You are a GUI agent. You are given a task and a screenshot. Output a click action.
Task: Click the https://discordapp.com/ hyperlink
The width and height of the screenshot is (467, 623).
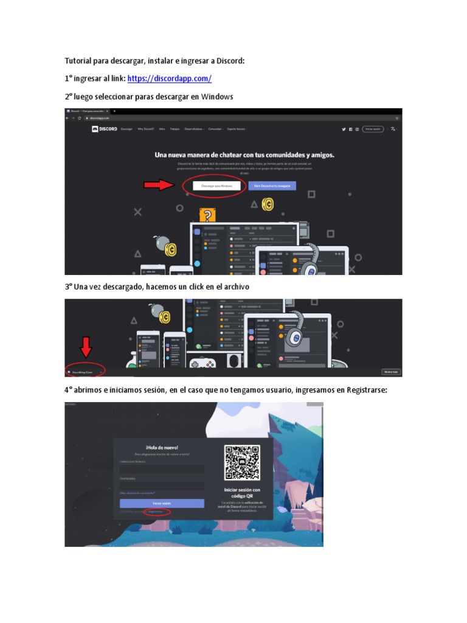click(x=170, y=78)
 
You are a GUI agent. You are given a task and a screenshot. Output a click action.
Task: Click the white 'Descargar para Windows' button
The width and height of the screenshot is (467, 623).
click(x=216, y=186)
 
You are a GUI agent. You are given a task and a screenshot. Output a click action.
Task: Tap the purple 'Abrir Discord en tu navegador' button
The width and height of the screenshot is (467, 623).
click(x=272, y=186)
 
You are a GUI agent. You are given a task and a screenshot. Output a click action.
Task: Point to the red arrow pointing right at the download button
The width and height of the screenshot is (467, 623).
click(x=159, y=185)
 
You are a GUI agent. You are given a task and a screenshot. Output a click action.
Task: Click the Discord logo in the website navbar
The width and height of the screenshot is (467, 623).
click(x=105, y=129)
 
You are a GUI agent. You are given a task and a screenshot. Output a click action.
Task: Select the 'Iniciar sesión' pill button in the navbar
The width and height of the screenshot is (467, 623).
click(x=373, y=129)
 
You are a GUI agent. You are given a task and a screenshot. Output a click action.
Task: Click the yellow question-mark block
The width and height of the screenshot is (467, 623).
click(x=207, y=215)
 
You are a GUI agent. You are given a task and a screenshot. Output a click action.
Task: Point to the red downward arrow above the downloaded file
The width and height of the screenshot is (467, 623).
click(x=86, y=347)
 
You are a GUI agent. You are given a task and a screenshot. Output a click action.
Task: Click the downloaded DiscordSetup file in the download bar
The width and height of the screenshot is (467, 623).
click(x=83, y=371)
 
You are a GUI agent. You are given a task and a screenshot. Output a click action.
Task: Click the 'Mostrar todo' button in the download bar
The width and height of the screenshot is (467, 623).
click(x=390, y=371)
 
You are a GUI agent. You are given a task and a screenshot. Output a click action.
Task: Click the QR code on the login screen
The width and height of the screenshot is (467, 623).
click(x=242, y=463)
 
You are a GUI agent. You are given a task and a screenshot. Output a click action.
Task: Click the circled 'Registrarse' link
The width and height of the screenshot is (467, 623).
click(x=157, y=512)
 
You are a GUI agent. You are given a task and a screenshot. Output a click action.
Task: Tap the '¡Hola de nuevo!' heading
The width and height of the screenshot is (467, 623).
click(x=162, y=448)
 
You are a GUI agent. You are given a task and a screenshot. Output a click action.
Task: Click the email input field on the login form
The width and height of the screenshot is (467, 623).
click(x=162, y=469)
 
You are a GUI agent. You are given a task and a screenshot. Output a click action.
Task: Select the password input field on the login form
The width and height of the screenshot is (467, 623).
click(x=162, y=486)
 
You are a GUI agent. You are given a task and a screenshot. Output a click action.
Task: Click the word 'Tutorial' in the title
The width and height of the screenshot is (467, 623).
click(x=81, y=61)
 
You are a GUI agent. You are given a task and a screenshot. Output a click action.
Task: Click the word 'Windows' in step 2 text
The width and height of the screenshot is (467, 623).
click(x=217, y=97)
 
